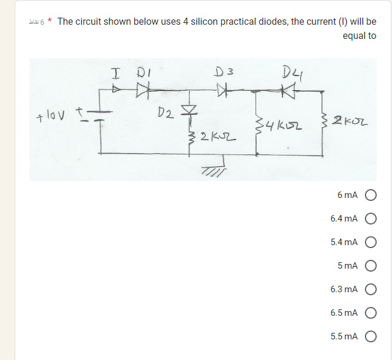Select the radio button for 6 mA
point(371,195)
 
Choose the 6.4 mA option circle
point(371,219)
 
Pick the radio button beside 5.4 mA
point(371,242)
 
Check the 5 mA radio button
point(371,265)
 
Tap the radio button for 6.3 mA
point(371,289)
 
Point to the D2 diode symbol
point(190,111)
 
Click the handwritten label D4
point(291,73)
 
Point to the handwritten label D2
point(166,111)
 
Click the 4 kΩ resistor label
point(278,125)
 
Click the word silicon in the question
point(217,22)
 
